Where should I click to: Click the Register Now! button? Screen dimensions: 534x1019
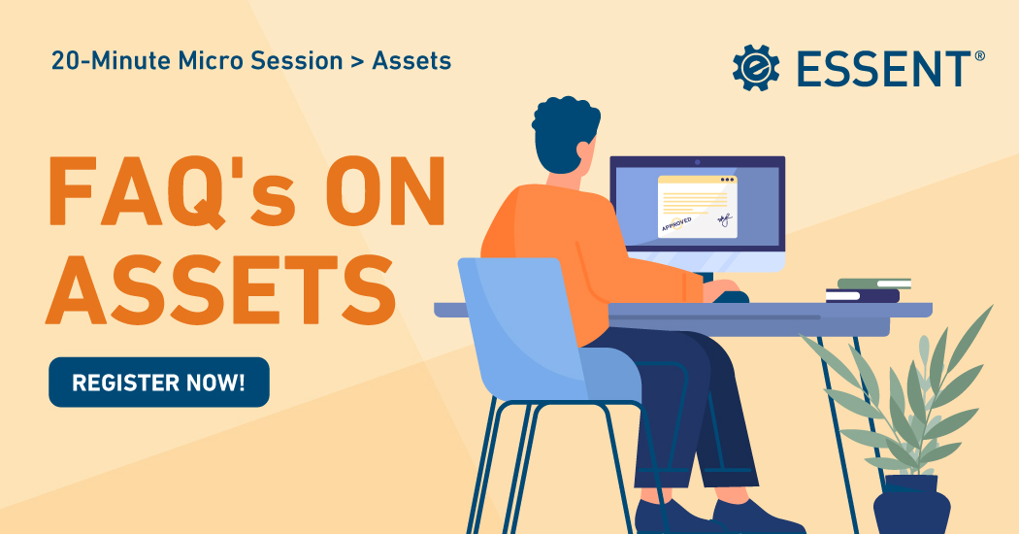158,382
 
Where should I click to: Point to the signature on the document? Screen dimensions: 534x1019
723,220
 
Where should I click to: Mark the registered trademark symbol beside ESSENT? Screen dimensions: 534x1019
979,56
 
